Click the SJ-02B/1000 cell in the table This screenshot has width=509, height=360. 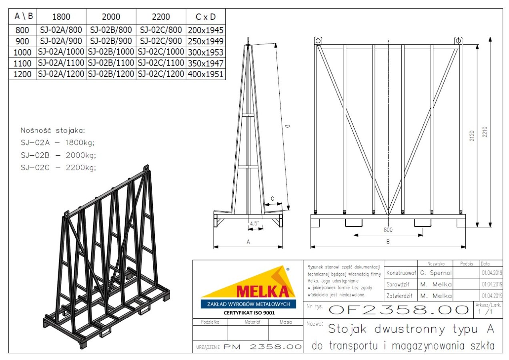pos(111,52)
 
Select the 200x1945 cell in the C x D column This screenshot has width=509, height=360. pos(206,30)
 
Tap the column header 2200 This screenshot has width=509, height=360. pos(161,17)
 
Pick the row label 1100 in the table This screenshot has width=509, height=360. pos(22,63)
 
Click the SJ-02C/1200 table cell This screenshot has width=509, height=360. pos(161,74)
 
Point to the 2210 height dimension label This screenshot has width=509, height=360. pos(485,132)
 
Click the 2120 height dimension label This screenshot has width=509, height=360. pos(472,136)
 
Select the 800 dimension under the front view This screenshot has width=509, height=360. pos(388,230)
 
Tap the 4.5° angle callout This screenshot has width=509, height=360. pos(254,223)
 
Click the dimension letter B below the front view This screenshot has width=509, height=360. pos(388,242)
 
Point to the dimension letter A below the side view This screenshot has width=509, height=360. pos(248,242)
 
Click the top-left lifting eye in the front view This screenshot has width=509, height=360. pos(318,41)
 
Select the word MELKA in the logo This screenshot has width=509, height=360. pos(263,291)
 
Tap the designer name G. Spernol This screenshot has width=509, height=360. pos(436,273)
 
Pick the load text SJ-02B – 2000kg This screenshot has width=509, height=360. pos(58,155)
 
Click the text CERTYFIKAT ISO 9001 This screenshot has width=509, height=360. pos(249,313)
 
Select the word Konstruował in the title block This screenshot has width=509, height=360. pos(401,273)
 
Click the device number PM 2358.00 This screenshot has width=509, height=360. pos(263,347)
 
